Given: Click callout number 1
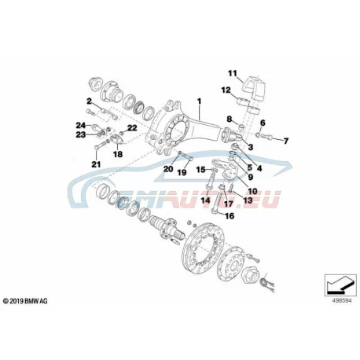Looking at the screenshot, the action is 199,101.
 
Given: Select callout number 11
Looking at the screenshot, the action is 232,73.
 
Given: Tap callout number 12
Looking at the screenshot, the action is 226,90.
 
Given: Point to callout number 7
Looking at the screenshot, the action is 285,141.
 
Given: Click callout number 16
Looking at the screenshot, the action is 230,216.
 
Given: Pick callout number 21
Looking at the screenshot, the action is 96,164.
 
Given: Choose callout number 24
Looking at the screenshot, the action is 81,125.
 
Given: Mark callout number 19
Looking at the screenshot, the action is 182,172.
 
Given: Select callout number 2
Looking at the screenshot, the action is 89,101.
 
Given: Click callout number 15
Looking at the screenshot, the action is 201,170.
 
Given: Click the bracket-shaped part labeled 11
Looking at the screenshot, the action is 254,86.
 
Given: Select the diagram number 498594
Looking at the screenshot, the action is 342,301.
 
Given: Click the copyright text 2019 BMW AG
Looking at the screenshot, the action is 25,301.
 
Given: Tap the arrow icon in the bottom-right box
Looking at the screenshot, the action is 340,285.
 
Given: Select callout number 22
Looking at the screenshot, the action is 132,128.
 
